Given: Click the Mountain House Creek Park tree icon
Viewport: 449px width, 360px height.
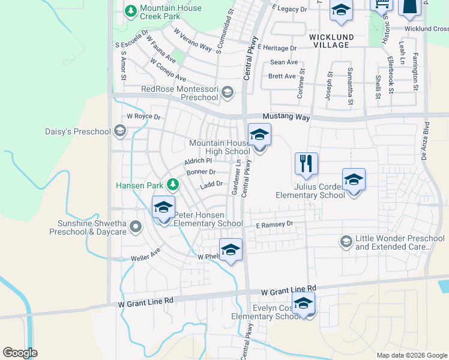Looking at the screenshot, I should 130,10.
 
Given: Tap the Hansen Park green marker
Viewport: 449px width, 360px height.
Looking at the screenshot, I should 172,184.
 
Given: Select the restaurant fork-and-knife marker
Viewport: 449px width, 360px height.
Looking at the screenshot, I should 306,163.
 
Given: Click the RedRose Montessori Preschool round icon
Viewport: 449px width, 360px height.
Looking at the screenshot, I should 227,92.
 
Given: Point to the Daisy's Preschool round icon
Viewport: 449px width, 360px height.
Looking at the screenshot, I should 120,131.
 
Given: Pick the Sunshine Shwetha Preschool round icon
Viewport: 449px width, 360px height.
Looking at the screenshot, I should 136,226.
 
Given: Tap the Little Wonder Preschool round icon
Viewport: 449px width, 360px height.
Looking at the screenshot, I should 346,242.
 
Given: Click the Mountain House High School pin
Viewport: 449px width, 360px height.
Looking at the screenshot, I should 259,136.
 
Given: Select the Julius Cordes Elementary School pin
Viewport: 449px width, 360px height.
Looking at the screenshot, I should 354,180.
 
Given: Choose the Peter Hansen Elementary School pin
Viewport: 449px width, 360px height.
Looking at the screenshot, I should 163,208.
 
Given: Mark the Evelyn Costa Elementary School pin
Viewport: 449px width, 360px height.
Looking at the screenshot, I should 303,304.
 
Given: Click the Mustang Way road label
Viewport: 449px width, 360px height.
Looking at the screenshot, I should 286,118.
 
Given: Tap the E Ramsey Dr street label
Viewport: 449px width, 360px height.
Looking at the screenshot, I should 274,224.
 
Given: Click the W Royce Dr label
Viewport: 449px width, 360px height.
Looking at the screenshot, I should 143,116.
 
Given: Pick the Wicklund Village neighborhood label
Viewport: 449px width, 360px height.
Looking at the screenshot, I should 329,41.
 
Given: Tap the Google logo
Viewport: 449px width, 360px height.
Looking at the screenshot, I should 20,352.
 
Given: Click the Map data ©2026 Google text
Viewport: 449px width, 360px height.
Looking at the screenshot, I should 411,355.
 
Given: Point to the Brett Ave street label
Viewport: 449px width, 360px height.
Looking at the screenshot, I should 282,76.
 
